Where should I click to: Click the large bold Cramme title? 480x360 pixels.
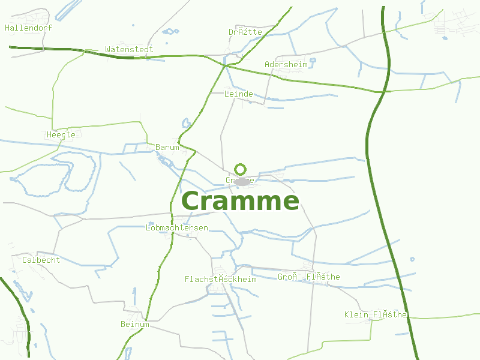pyautogui.click(x=240, y=201)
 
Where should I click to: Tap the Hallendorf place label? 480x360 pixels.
pyautogui.click(x=28, y=28)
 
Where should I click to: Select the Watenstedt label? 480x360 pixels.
pyautogui.click(x=129, y=49)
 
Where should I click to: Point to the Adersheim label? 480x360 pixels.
pyautogui.click(x=286, y=64)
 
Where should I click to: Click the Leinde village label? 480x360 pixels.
pyautogui.click(x=238, y=94)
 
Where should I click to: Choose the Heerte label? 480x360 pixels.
pyautogui.click(x=61, y=135)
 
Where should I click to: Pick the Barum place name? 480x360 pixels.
pyautogui.click(x=167, y=147)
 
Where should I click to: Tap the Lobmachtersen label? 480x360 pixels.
pyautogui.click(x=177, y=228)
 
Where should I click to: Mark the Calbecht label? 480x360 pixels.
pyautogui.click(x=41, y=260)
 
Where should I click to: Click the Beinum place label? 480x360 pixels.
pyautogui.click(x=134, y=325)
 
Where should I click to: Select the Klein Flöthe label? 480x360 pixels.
pyautogui.click(x=376, y=315)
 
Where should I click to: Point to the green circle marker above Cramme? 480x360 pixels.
pyautogui.click(x=241, y=169)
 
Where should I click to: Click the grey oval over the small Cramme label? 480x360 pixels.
pyautogui.click(x=242, y=181)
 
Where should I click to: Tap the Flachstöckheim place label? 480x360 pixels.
pyautogui.click(x=220, y=279)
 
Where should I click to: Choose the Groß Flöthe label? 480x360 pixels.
pyautogui.click(x=309, y=277)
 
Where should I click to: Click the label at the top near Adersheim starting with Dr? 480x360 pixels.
pyautogui.click(x=245, y=32)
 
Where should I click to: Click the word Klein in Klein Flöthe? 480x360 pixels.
pyautogui.click(x=356, y=315)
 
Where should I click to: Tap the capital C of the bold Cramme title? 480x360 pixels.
pyautogui.click(x=194, y=202)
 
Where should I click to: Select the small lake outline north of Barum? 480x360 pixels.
pyautogui.click(x=186, y=124)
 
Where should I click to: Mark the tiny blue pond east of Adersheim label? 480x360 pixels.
pyautogui.click(x=313, y=60)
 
